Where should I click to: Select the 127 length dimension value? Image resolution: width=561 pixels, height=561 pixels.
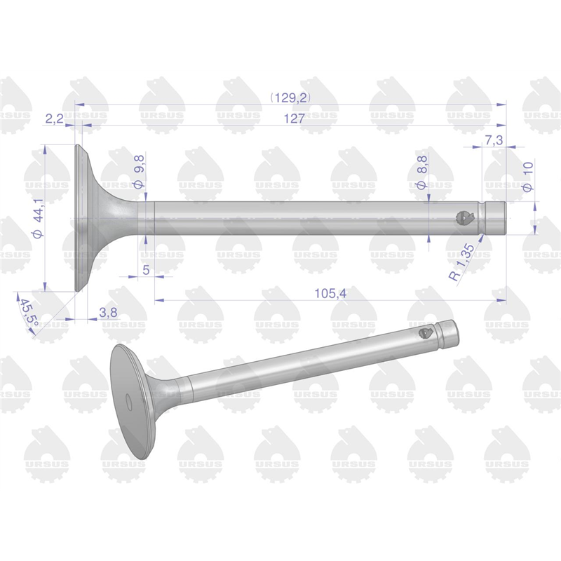(294, 119)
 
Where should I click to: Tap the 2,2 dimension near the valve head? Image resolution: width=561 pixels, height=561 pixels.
(55, 119)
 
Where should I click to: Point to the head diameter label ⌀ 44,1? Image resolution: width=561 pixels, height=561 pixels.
(38, 218)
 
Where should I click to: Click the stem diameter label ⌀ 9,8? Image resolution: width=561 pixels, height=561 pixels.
(139, 172)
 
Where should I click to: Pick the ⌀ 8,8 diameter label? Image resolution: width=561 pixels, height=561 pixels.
(422, 172)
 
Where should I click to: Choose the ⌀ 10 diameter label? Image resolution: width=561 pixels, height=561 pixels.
(528, 177)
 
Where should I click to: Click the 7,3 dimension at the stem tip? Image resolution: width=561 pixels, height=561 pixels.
(494, 140)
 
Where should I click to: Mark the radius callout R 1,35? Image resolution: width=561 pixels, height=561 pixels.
(462, 262)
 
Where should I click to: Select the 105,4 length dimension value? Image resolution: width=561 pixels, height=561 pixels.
(330, 293)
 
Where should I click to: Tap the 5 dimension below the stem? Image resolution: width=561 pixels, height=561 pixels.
(146, 270)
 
